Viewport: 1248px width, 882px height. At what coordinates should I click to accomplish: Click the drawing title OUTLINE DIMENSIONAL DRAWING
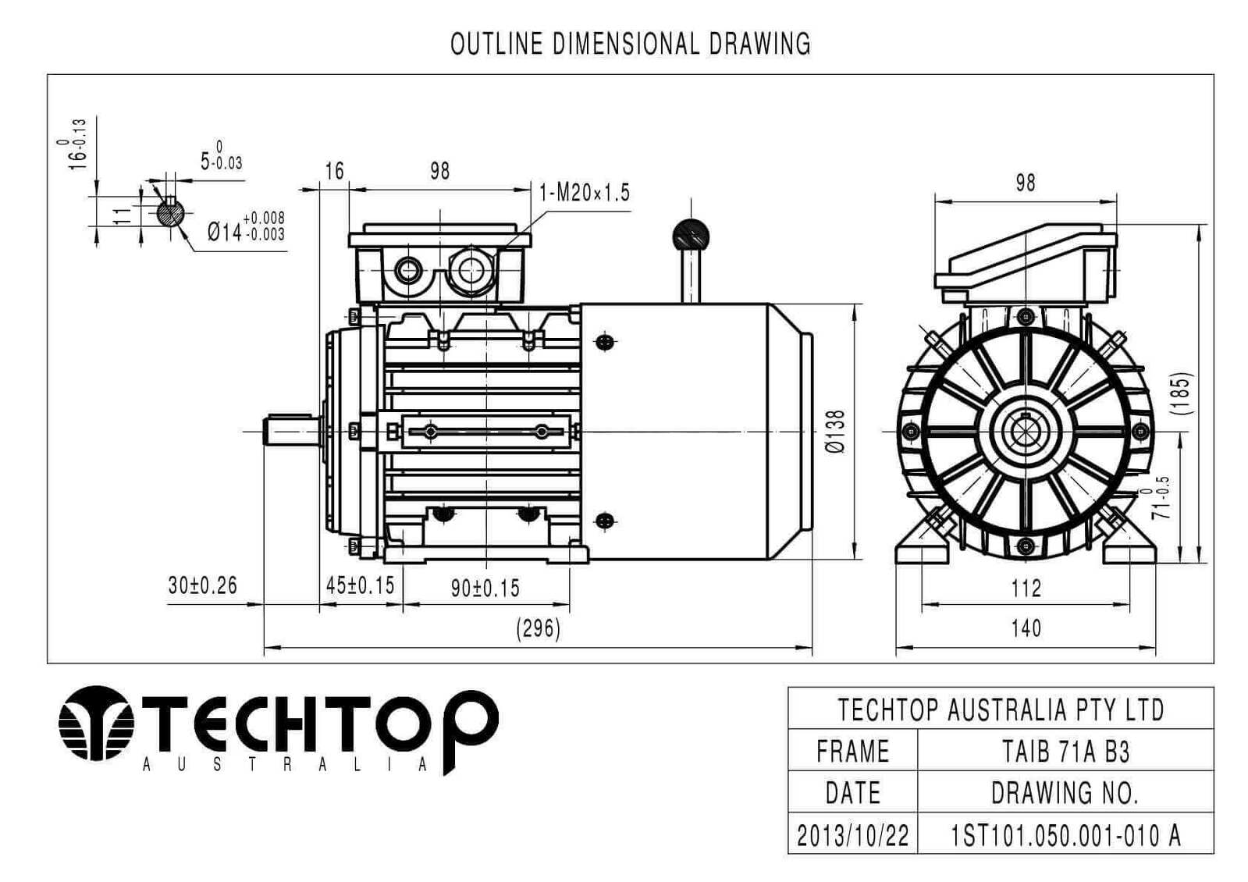coord(630,44)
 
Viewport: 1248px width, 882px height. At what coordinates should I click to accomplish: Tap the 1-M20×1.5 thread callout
coord(584,192)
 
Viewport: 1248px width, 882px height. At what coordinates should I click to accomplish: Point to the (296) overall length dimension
coord(539,628)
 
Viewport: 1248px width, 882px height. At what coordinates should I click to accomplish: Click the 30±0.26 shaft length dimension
coord(202,585)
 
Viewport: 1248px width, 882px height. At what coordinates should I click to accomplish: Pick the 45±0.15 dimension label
coord(360,585)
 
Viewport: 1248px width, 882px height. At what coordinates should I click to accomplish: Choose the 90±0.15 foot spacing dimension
coord(485,588)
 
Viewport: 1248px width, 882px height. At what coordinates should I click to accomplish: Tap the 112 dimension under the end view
coord(1026,588)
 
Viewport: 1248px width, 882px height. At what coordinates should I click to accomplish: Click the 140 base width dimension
coord(1026,628)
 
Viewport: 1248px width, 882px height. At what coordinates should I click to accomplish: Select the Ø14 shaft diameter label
coord(246,227)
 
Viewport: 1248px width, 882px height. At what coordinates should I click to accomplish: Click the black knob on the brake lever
coord(690,233)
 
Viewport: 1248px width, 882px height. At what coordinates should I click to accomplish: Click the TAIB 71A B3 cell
coord(1065,751)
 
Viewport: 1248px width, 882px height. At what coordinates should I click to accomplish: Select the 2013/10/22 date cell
coord(852,835)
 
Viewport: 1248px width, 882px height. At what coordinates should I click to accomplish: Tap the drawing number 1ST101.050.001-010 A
coord(1065,835)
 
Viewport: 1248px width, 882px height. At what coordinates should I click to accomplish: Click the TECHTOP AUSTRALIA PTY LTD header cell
coord(1001,710)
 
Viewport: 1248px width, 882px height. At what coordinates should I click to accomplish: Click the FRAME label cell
coord(852,751)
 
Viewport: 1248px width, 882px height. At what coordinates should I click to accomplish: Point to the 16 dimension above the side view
coord(334,171)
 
